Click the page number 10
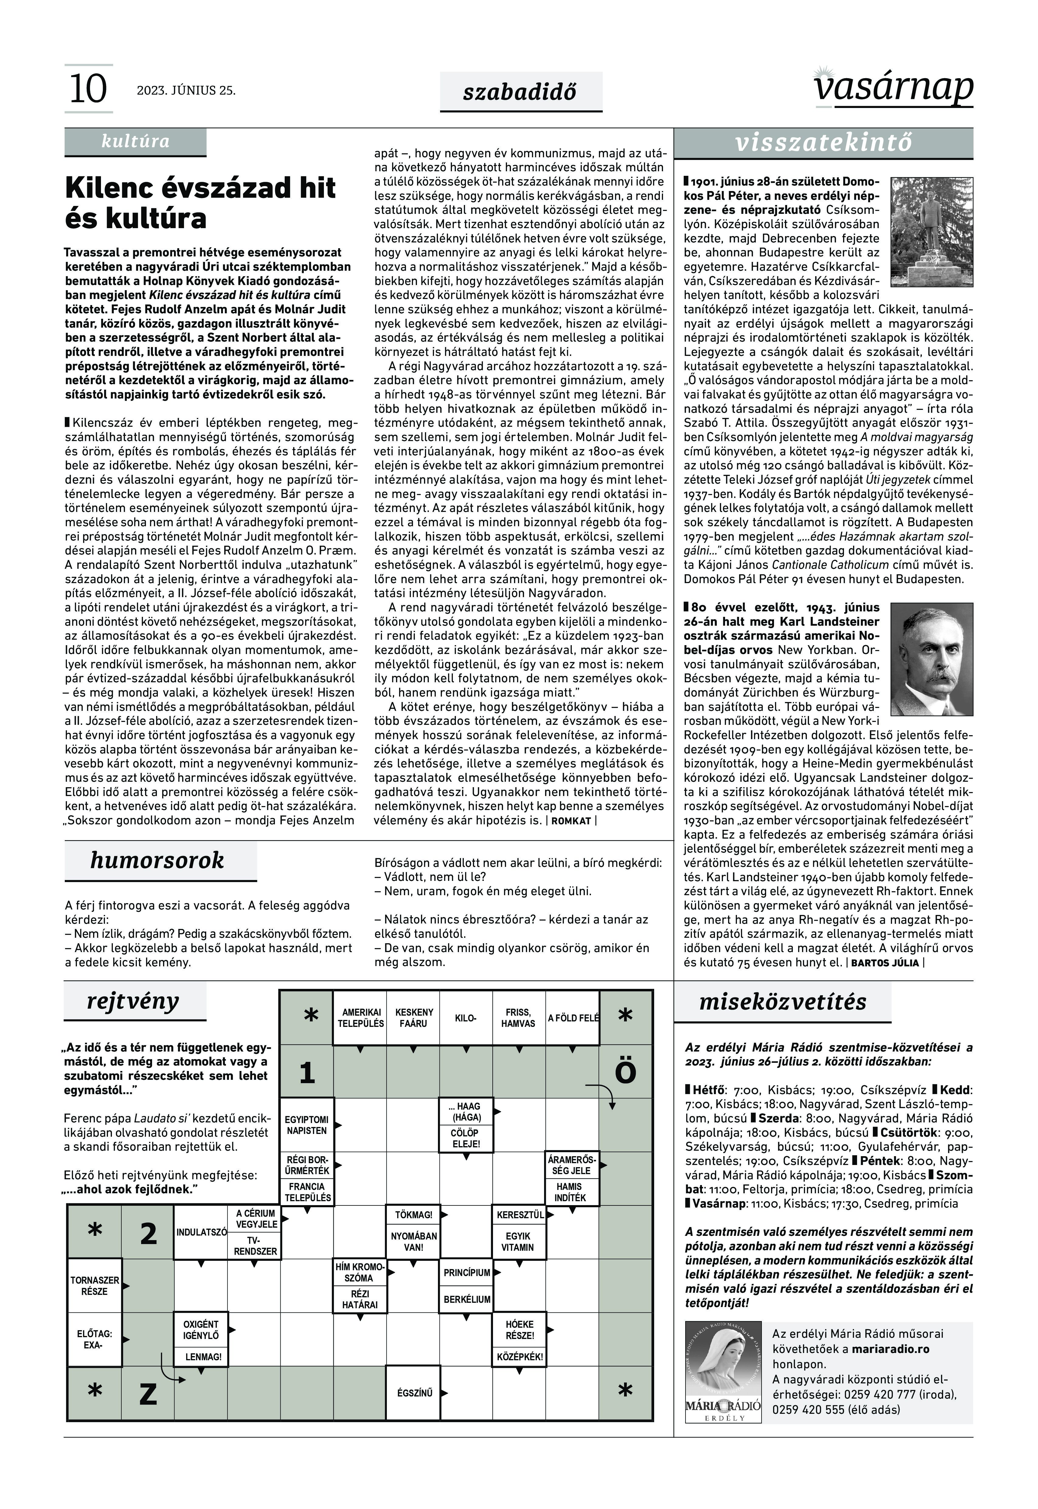(88, 89)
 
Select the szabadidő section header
(520, 92)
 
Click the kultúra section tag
(135, 141)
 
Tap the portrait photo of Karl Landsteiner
(931, 659)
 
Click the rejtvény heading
(133, 1002)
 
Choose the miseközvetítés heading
(783, 1002)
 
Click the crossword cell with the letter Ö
(625, 1073)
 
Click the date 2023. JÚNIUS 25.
(186, 90)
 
